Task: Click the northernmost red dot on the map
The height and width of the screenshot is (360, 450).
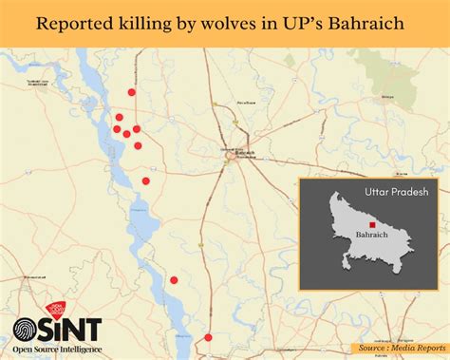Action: [x=132, y=92]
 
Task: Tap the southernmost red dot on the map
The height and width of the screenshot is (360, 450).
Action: [x=208, y=337]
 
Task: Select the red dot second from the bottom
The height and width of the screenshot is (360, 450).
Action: [x=175, y=279]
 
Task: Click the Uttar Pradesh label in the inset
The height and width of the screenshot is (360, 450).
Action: [x=396, y=191]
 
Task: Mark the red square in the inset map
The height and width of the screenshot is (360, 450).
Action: [x=372, y=224]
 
